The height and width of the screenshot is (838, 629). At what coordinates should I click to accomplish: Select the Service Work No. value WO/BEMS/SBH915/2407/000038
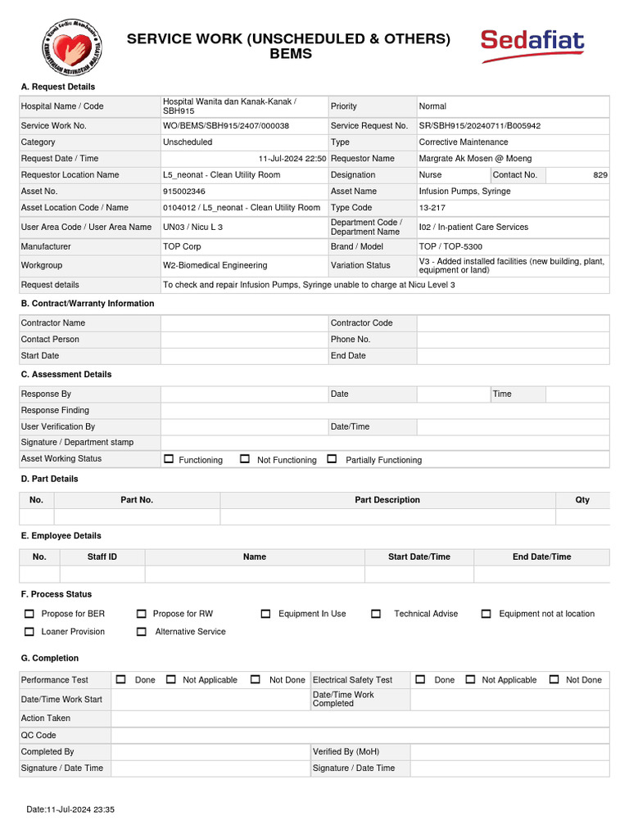click(226, 126)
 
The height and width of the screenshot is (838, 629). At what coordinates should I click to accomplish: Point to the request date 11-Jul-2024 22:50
click(292, 159)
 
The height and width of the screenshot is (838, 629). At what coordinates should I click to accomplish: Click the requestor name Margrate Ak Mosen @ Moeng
click(475, 159)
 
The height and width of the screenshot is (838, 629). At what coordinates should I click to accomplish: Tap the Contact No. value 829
click(600, 175)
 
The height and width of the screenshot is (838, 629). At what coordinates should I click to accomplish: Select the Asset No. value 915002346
click(184, 191)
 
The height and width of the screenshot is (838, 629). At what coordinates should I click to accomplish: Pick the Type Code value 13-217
click(432, 208)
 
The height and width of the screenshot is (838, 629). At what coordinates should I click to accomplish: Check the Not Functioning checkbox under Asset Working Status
click(245, 459)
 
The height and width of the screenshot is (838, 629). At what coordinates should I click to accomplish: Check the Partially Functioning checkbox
click(332, 459)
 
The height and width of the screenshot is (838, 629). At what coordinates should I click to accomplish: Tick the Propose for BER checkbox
click(29, 614)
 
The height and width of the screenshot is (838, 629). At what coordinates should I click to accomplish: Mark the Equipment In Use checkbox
click(265, 614)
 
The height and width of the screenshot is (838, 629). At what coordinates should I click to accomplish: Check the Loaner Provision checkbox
click(29, 632)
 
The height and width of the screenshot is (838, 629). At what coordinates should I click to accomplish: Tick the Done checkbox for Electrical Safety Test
click(420, 679)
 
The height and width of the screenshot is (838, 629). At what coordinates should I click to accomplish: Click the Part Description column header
click(387, 500)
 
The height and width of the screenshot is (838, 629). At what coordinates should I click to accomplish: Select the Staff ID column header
click(102, 557)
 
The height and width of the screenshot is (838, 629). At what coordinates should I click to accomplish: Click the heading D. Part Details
click(49, 479)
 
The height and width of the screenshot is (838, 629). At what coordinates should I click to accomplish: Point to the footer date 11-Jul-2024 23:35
click(70, 809)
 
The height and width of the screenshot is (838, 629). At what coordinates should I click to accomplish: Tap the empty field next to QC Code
click(360, 735)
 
